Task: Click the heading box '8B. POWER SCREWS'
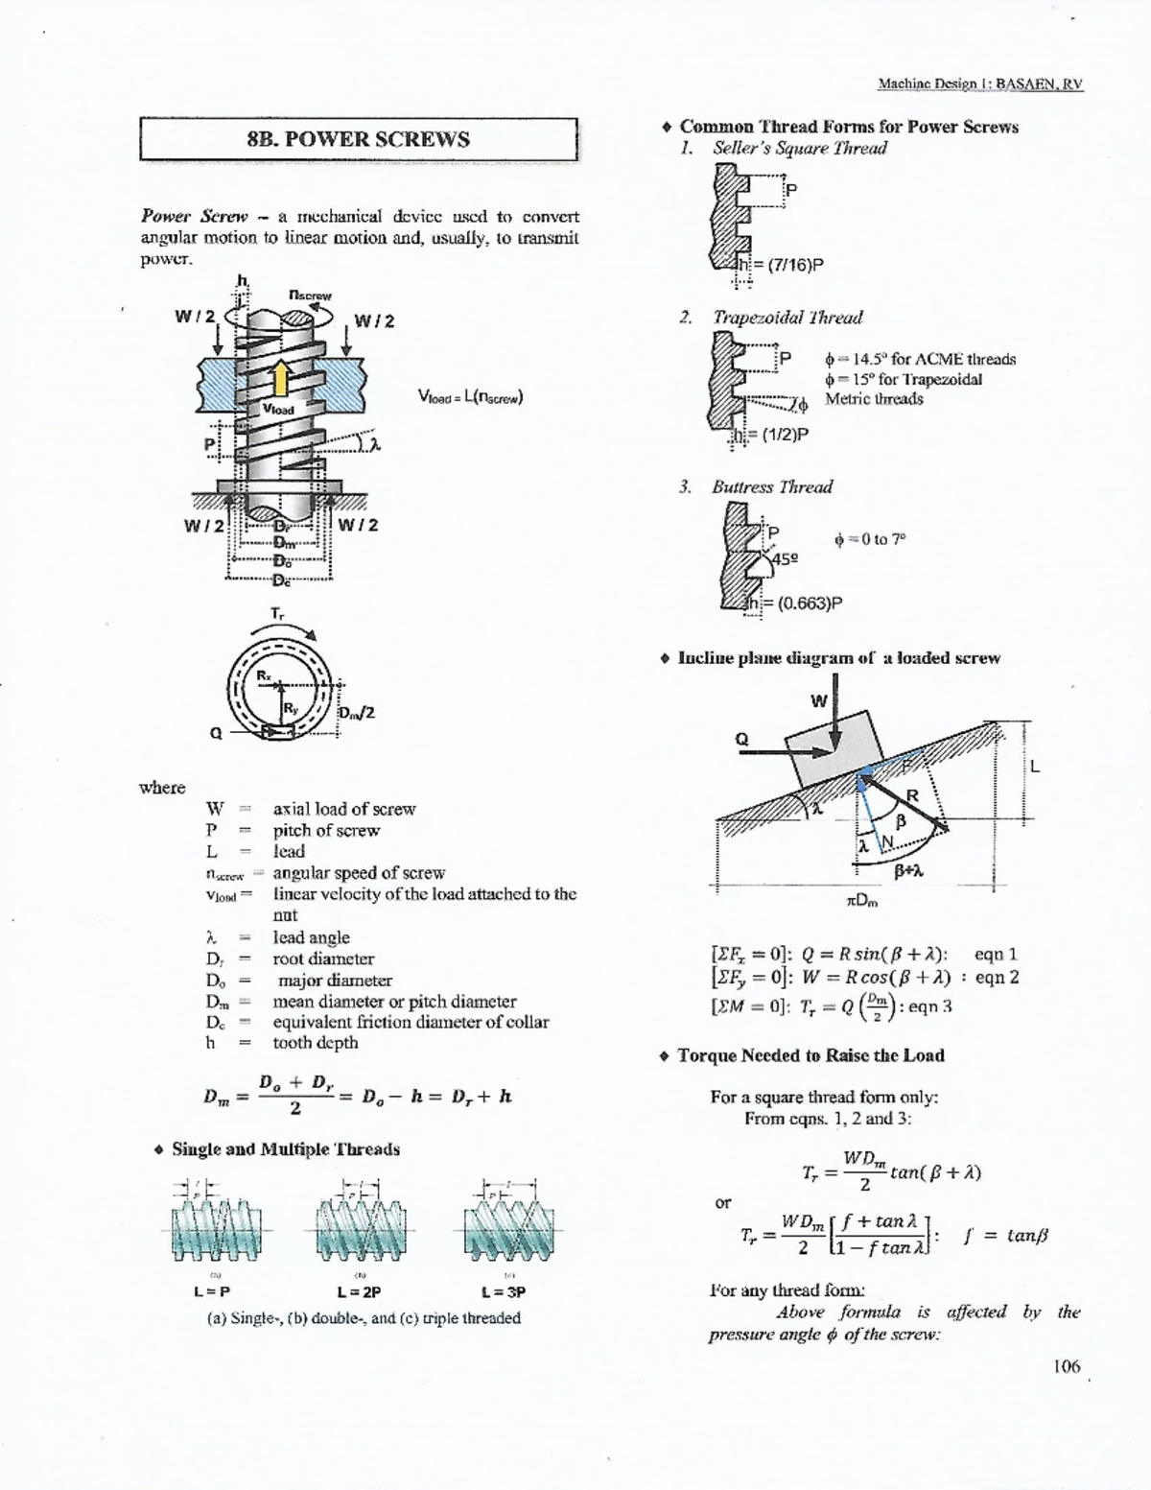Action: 358,139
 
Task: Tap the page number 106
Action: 1065,1365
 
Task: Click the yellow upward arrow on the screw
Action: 279,377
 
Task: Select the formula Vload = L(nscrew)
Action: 470,395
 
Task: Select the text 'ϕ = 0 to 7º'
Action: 869,539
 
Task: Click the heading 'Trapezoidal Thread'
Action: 787,318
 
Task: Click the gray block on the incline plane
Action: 832,748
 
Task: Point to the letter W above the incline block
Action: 818,700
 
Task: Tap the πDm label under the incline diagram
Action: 861,901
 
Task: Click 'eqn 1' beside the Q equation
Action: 995,954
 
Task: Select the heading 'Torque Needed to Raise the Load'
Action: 810,1055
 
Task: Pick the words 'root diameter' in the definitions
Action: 323,958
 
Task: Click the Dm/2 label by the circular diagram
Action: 356,713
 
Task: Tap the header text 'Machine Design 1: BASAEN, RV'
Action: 979,83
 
